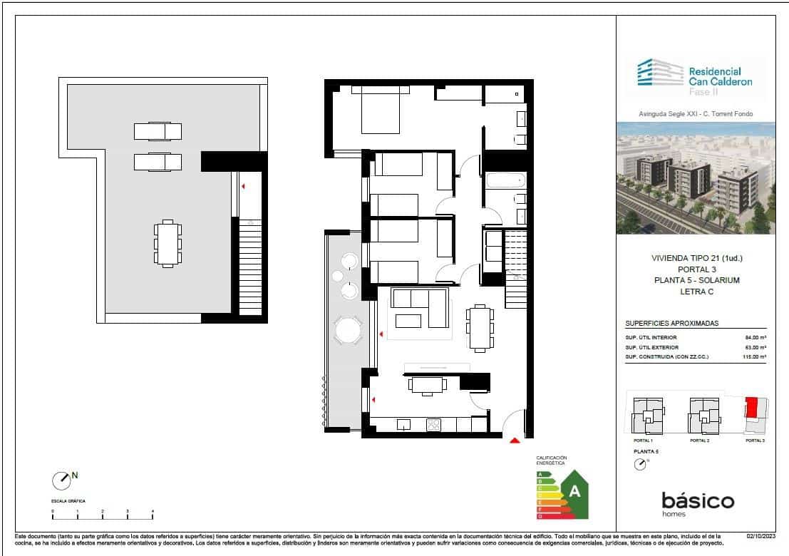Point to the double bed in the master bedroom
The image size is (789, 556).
pyautogui.click(x=381, y=109)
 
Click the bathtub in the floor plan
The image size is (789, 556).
pyautogui.click(x=506, y=180)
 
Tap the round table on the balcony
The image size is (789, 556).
pyautogui.click(x=349, y=330)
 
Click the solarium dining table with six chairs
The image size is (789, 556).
pyautogui.click(x=167, y=244)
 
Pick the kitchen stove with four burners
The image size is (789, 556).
pyautogui.click(x=434, y=425)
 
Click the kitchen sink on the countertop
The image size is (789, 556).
pyautogui.click(x=404, y=425)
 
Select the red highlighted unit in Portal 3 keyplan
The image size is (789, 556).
pyautogui.click(x=751, y=408)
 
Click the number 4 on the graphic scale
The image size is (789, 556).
pyautogui.click(x=153, y=512)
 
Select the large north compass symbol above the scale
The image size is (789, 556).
pyautogui.click(x=62, y=480)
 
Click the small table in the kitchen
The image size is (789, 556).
pyautogui.click(x=426, y=385)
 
